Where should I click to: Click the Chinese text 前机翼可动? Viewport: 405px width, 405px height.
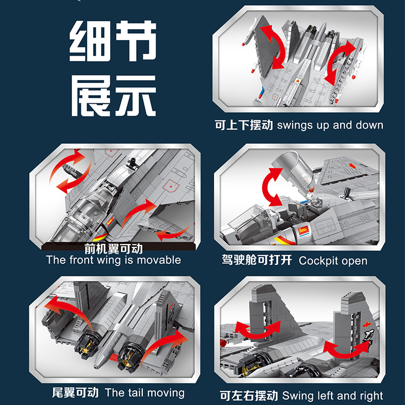(x=113, y=249)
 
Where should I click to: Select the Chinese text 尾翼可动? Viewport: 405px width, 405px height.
(x=76, y=393)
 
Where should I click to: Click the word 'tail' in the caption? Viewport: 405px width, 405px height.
(x=135, y=393)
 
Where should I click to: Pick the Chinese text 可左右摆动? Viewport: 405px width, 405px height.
(x=248, y=395)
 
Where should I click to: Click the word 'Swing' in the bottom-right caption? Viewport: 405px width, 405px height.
(x=298, y=395)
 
